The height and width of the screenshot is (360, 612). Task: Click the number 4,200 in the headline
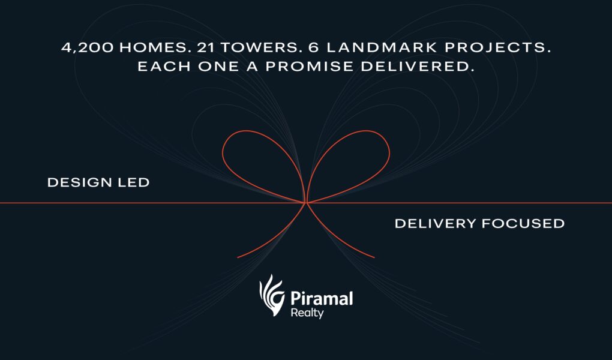[88, 47]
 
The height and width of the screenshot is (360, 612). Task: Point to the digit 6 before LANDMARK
[314, 47]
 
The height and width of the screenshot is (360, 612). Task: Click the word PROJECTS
[497, 47]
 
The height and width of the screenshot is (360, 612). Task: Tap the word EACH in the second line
[164, 67]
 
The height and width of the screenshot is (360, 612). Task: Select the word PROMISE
[310, 67]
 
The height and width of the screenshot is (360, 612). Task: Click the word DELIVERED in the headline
[417, 67]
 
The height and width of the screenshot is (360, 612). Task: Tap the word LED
[133, 182]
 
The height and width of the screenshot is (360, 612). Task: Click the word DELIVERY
[435, 223]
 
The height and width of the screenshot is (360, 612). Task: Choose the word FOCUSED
[523, 223]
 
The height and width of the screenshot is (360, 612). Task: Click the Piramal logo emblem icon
[272, 295]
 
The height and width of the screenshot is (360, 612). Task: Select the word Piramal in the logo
[322, 298]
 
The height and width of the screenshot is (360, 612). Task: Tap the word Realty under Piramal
[307, 313]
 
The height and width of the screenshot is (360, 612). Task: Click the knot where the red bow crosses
[306, 203]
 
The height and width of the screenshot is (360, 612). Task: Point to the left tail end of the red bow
[238, 258]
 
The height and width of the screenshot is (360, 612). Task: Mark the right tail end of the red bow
[374, 258]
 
